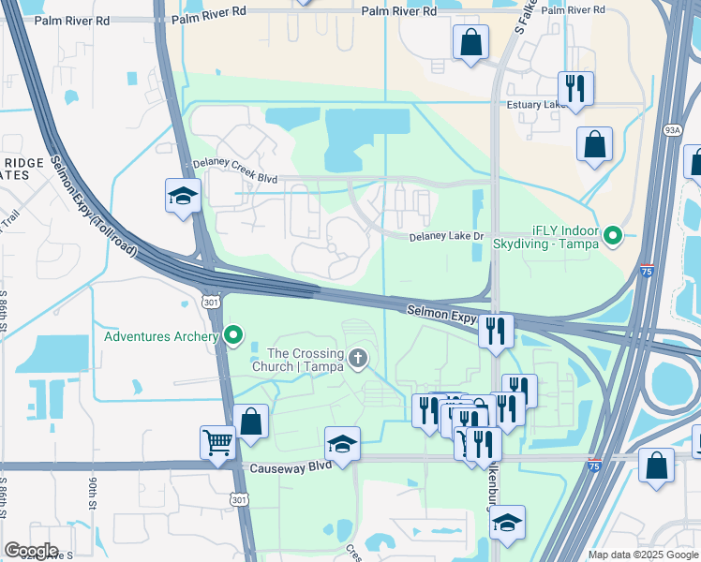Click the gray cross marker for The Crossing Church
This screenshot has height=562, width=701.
pyautogui.click(x=357, y=358)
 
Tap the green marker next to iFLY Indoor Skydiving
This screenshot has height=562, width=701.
pyautogui.click(x=613, y=235)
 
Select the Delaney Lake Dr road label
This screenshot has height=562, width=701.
pyautogui.click(x=445, y=237)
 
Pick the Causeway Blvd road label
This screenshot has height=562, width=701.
pyautogui.click(x=289, y=466)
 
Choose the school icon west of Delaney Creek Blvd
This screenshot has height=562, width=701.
pyautogui.click(x=183, y=195)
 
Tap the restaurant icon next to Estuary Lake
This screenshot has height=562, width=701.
pyautogui.click(x=575, y=88)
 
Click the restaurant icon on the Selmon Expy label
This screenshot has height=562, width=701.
pyautogui.click(x=496, y=330)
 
